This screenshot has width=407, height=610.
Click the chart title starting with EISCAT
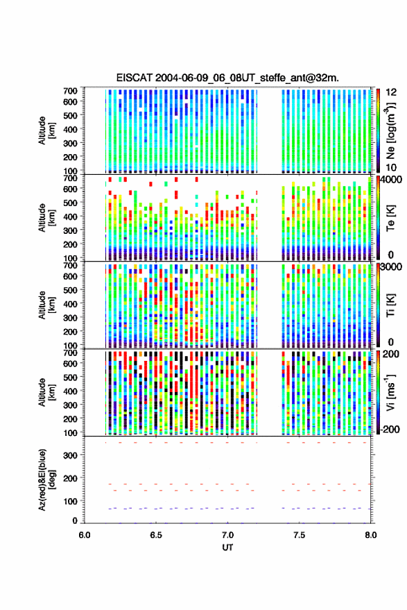pyautogui.click(x=227, y=78)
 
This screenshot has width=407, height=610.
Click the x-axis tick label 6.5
pyautogui.click(x=156, y=535)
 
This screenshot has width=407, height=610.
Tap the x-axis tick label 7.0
pyautogui.click(x=227, y=535)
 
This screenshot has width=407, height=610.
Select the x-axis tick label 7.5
pyautogui.click(x=299, y=535)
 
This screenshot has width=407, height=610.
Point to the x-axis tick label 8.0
pyautogui.click(x=371, y=535)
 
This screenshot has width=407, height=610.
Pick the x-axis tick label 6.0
pyautogui.click(x=85, y=535)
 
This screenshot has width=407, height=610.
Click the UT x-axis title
pyautogui.click(x=227, y=548)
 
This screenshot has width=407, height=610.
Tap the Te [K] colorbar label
pyautogui.click(x=390, y=218)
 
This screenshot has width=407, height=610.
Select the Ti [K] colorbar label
pyautogui.click(x=390, y=305)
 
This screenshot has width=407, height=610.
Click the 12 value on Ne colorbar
pyautogui.click(x=391, y=92)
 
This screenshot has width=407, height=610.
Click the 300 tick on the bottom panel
pyautogui.click(x=70, y=455)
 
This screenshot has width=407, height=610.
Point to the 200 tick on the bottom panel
pyautogui.click(x=70, y=478)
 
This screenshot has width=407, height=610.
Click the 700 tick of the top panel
pyautogui.click(x=70, y=91)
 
